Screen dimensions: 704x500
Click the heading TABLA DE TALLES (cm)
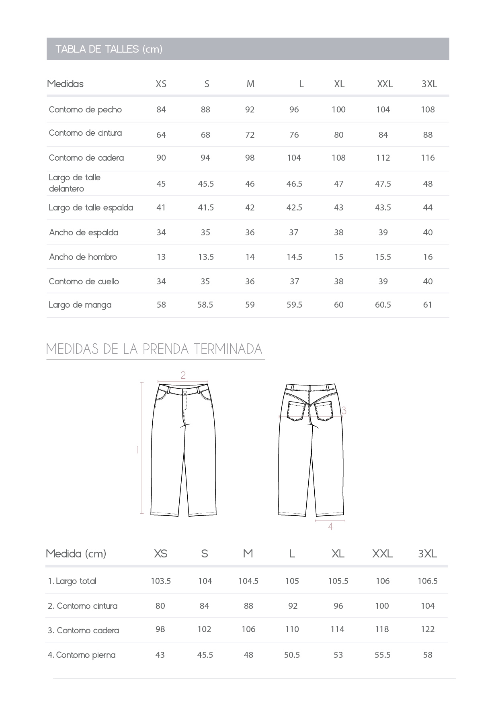tap(109, 49)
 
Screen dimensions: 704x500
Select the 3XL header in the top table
tap(429, 84)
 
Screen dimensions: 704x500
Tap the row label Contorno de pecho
tap(85, 110)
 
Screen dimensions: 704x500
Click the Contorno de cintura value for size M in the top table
tap(250, 135)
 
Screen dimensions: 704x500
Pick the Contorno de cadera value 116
tap(428, 158)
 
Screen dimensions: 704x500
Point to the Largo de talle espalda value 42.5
tap(294, 208)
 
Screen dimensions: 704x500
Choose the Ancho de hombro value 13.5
tap(206, 257)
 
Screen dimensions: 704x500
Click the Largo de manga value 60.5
tap(383, 305)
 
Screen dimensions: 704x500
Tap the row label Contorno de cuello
tap(84, 282)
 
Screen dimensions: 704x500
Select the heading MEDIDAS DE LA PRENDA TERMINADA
tap(154, 349)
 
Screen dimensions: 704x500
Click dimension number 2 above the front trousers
tap(183, 375)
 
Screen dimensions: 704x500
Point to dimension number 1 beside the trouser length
tap(138, 450)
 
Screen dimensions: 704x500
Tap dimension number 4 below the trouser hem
tap(330, 526)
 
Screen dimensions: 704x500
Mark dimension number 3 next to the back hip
tap(344, 410)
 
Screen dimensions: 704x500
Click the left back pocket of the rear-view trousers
tap(296, 410)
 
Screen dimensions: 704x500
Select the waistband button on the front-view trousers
tap(185, 392)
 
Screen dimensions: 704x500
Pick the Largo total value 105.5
tap(338, 581)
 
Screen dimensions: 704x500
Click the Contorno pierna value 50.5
tap(292, 655)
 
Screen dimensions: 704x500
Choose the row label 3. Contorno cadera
tap(83, 631)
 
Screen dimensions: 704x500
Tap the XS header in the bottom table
tap(160, 554)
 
